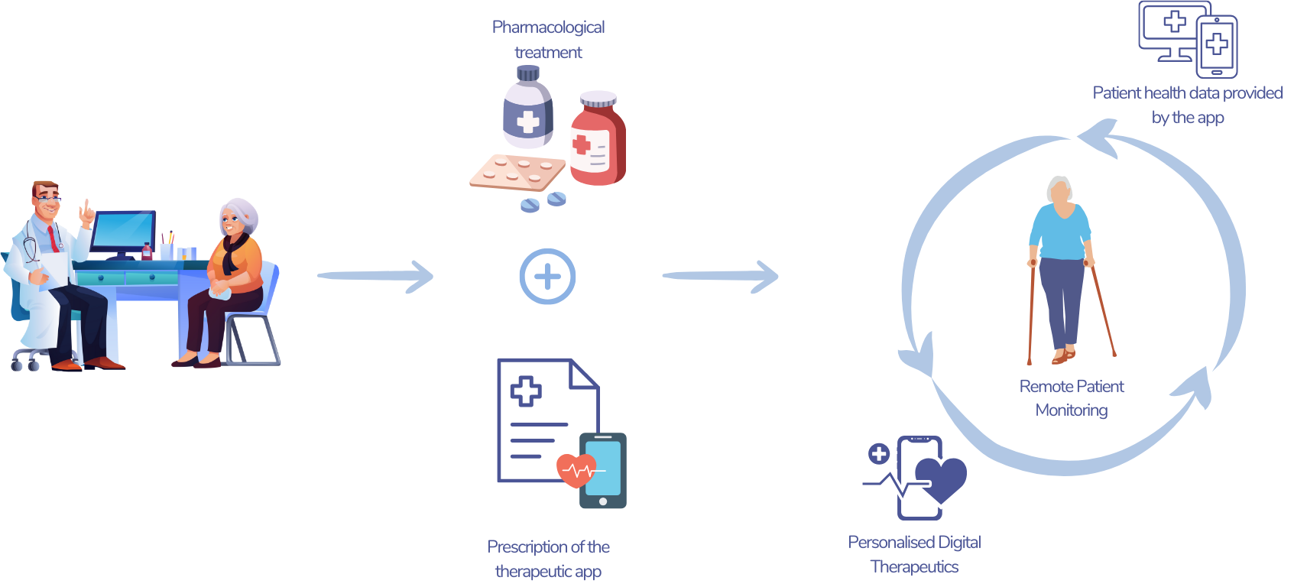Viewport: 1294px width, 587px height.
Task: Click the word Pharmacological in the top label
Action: (x=548, y=28)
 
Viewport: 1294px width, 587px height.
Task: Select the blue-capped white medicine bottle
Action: (x=528, y=107)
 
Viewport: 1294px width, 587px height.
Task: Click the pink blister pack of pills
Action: (x=517, y=172)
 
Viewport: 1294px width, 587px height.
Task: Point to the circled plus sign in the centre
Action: (x=548, y=276)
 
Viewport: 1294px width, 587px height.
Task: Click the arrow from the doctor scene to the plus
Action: (x=375, y=276)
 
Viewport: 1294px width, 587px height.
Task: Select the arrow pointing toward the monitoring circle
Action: (x=720, y=276)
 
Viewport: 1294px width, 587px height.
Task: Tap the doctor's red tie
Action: (x=54, y=238)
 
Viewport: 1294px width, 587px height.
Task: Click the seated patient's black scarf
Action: (x=233, y=252)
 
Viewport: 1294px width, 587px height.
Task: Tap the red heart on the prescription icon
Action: (x=576, y=470)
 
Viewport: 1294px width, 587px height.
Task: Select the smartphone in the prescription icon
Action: (x=603, y=471)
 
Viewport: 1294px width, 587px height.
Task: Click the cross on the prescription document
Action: (x=526, y=391)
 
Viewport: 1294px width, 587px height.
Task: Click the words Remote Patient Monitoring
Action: (x=1072, y=398)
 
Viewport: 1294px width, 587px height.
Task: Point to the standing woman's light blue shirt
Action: (x=1061, y=232)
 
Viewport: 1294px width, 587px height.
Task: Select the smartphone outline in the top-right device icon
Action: (x=1217, y=46)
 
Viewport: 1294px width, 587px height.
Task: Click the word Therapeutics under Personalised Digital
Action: (x=914, y=567)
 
